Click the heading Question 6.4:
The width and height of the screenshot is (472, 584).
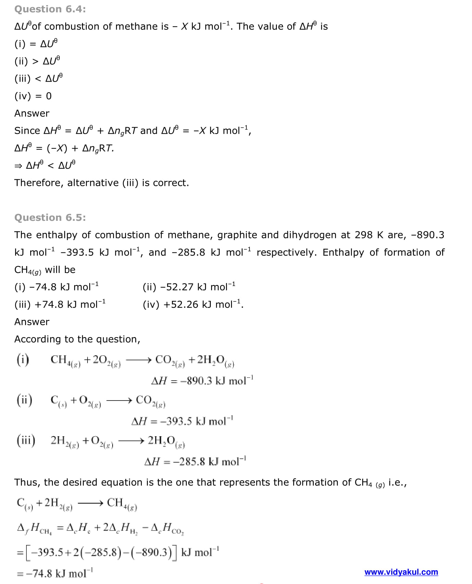tap(50, 9)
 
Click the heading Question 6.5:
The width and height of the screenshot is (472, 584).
tap(50, 218)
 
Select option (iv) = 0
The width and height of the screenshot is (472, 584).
tap(33, 96)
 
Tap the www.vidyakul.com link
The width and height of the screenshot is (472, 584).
tap(401, 572)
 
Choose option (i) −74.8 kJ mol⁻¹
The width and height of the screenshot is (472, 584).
tap(57, 287)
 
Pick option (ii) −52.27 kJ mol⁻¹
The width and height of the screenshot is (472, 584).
tap(189, 287)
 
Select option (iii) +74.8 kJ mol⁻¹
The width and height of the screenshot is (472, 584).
tap(60, 304)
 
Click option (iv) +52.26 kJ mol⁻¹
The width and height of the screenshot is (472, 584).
tap(193, 304)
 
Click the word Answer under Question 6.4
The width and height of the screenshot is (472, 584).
tap(32, 114)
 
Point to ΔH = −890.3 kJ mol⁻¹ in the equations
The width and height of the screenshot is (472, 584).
tap(202, 381)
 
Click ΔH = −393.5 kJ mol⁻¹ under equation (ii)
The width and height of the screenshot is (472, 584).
tap(182, 421)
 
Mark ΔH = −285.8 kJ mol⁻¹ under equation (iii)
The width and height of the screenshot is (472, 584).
tap(195, 461)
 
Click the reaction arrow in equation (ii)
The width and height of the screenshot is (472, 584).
tap(119, 400)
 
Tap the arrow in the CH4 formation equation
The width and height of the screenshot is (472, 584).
tap(90, 503)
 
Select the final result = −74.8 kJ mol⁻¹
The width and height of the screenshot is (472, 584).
tap(55, 573)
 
